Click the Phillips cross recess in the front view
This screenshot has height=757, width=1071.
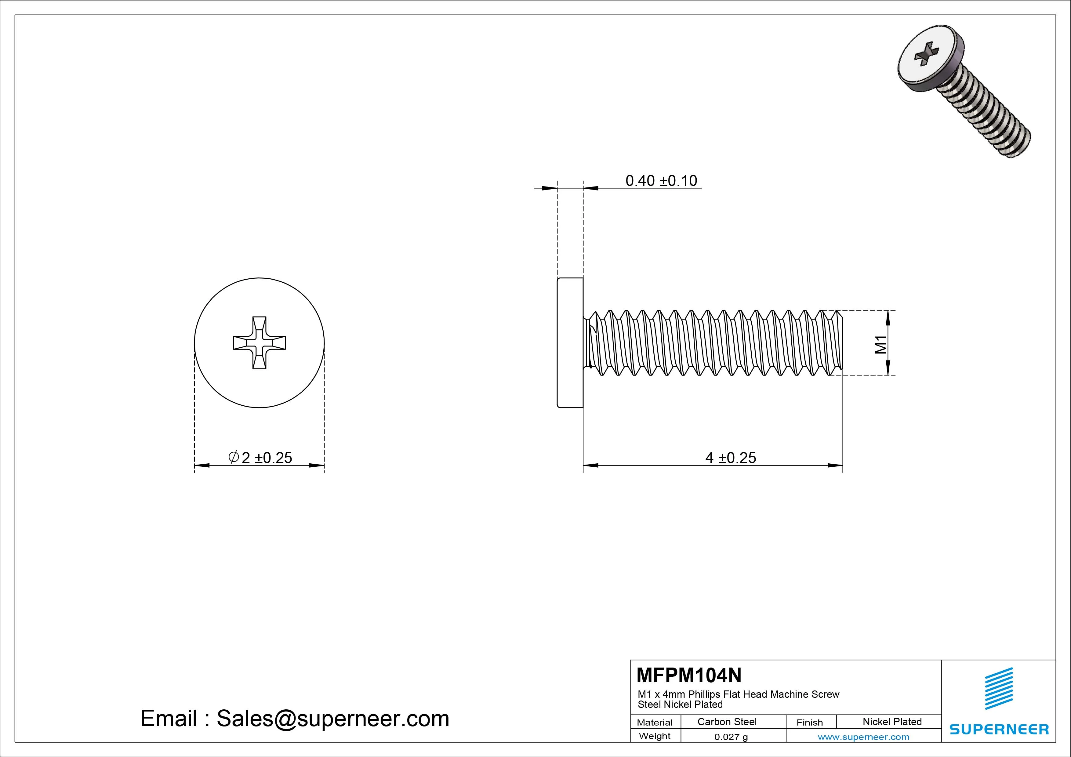click(259, 343)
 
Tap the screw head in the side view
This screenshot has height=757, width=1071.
click(570, 343)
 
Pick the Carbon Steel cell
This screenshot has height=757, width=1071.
click(726, 722)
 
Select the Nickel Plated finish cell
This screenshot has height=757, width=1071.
click(891, 722)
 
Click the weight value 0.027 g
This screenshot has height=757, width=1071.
click(731, 737)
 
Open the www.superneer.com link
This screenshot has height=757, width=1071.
click(863, 737)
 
